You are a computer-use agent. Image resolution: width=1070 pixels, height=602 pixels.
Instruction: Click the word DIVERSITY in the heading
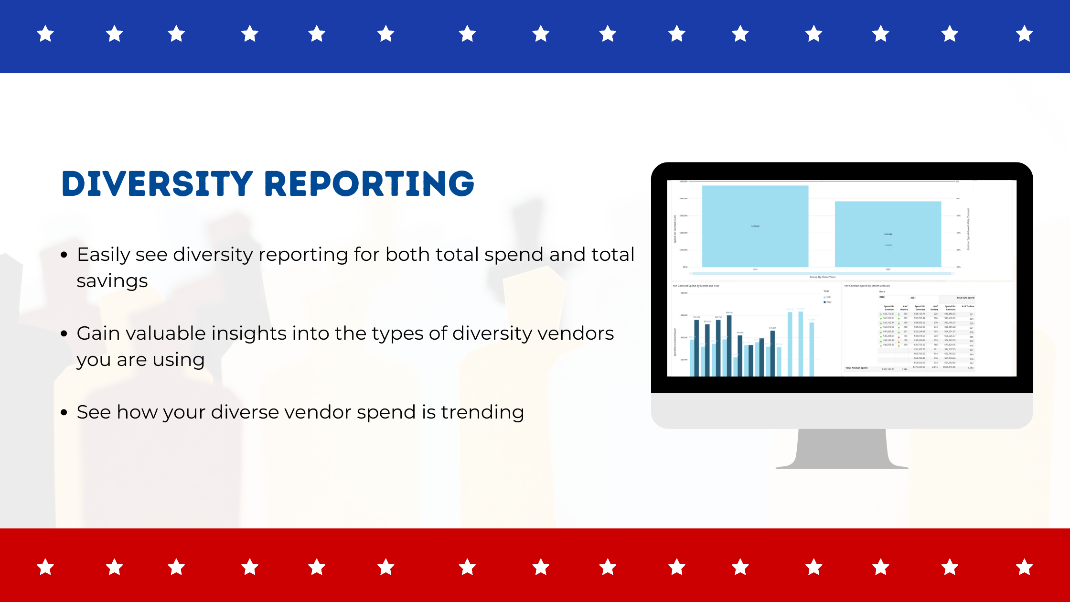[157, 183]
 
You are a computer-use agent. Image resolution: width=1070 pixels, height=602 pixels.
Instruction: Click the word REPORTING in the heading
[369, 183]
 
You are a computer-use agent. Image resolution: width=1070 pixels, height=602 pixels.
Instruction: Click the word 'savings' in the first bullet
[112, 281]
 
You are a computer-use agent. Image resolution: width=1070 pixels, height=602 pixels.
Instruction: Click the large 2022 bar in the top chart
[888, 234]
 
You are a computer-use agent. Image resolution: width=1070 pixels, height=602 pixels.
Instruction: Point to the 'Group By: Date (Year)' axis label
[822, 277]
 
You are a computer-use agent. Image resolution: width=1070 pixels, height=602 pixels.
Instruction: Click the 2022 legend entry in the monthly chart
[827, 302]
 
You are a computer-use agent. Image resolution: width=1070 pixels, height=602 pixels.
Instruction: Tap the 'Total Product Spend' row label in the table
[856, 368]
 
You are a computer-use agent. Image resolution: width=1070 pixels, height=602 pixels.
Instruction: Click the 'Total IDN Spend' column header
[965, 298]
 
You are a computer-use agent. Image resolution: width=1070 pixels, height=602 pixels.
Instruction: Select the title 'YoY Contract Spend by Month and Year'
[695, 286]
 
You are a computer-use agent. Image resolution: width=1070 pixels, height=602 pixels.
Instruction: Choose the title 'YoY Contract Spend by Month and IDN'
[867, 286]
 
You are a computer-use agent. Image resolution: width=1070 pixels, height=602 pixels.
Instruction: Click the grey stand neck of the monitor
[842, 447]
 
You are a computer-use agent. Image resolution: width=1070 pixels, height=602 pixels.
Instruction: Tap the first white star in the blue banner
[45, 34]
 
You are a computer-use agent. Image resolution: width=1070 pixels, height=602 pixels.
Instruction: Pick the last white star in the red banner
[1024, 568]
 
